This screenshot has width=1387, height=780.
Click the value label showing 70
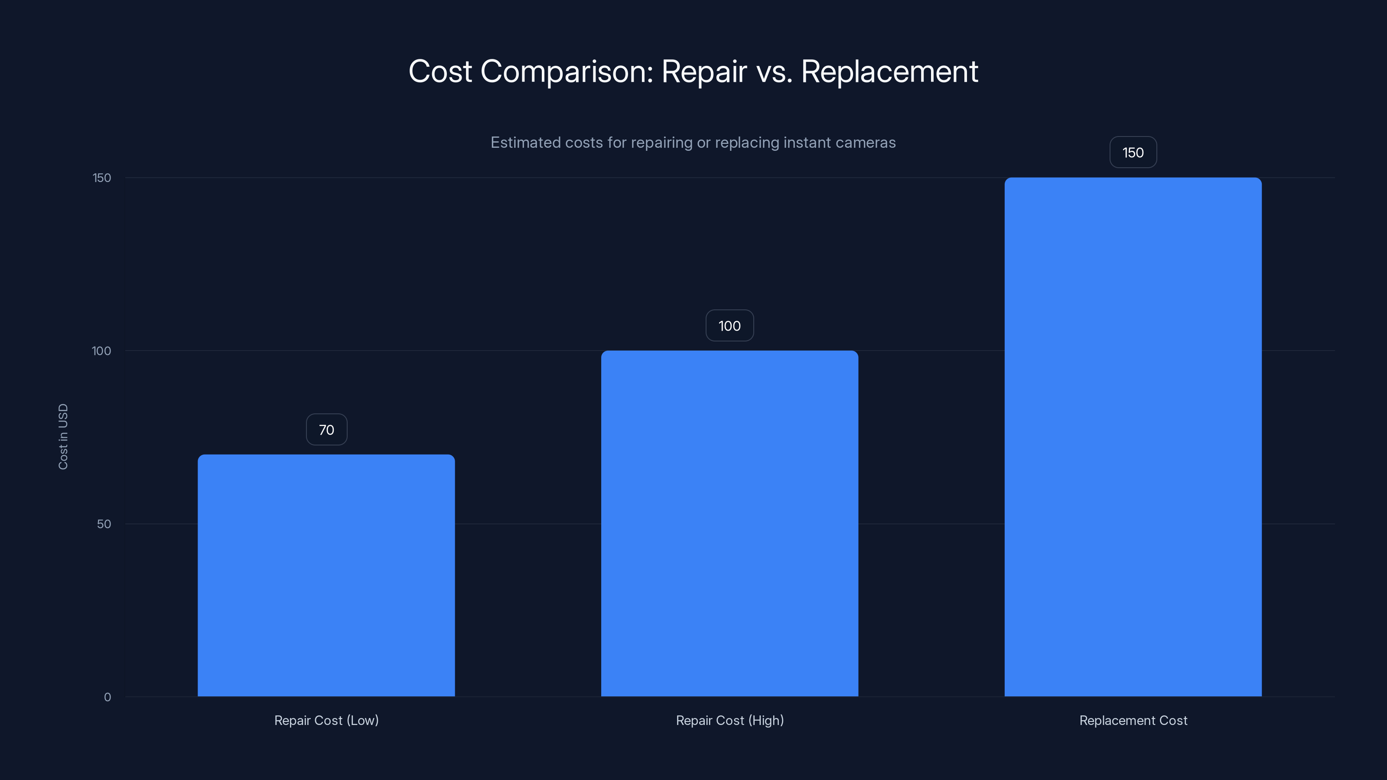[326, 429]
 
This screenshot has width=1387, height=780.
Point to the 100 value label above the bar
[729, 326]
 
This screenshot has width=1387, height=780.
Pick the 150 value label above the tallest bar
[1133, 153]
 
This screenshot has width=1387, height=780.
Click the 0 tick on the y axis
[107, 697]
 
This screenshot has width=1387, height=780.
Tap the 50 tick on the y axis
[104, 524]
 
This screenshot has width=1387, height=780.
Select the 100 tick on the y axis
[101, 351]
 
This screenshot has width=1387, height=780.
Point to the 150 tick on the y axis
[102, 178]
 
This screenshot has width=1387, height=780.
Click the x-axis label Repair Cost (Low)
[326, 720]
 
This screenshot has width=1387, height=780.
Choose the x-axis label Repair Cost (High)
[729, 720]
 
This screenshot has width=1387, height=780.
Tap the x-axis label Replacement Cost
[1133, 720]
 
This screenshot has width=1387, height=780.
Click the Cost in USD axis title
[63, 436]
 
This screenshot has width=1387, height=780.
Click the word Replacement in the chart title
[889, 71]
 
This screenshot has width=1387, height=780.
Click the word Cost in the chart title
[440, 71]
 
